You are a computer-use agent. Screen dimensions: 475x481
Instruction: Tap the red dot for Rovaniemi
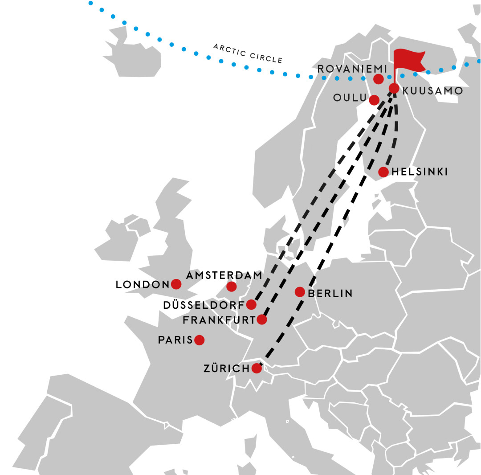click(378, 79)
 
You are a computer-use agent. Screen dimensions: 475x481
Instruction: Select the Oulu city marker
click(374, 100)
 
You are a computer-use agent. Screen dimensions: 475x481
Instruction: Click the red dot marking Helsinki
click(383, 172)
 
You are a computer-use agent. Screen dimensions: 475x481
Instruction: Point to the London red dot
click(176, 284)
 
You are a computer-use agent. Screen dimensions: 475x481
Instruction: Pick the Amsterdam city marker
click(232, 287)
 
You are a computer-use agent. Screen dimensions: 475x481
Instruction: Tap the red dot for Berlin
click(300, 292)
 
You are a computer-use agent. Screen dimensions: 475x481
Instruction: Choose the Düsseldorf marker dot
click(251, 304)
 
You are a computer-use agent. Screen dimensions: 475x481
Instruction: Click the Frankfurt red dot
click(262, 319)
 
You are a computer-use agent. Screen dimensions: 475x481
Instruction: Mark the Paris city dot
click(199, 340)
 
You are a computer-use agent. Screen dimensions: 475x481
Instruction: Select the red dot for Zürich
click(256, 368)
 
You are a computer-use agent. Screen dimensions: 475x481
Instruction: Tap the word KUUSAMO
click(432, 91)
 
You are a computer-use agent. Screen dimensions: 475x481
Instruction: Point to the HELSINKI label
click(420, 172)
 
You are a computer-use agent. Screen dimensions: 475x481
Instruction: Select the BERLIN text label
click(330, 294)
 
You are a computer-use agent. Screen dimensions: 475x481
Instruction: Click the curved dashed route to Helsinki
click(396, 134)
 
